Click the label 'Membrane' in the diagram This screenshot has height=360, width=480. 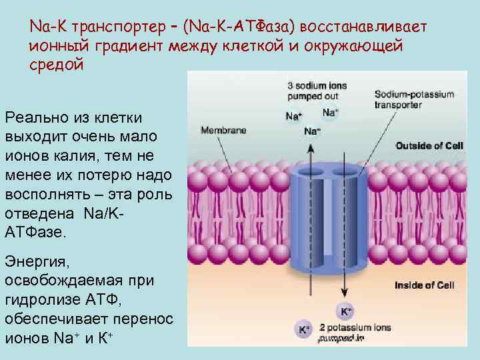point(223,130)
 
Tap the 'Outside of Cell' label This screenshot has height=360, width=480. point(425,145)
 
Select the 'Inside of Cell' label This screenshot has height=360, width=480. point(424,285)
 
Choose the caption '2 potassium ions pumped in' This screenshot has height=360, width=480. point(354,333)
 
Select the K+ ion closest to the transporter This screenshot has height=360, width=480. point(346,311)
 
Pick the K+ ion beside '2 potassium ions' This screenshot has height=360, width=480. point(304,329)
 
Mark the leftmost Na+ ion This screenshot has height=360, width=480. point(293,116)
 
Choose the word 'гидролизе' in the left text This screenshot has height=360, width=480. point(45,300)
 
